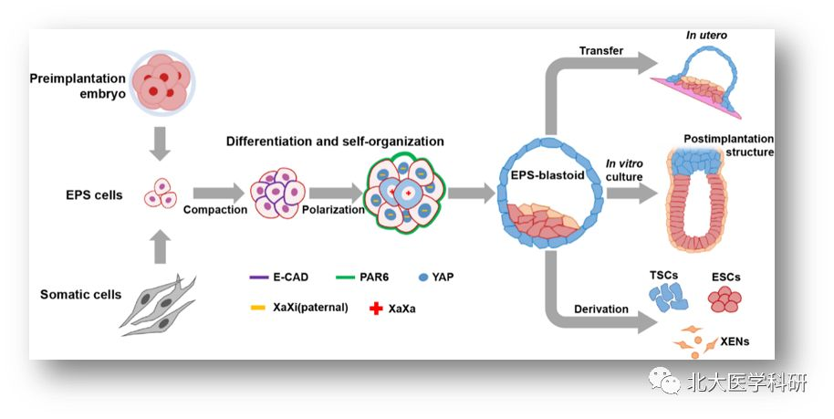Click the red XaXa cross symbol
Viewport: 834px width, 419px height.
tap(372, 309)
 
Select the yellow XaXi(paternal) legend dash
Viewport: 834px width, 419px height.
tap(257, 309)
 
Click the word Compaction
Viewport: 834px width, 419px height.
tap(214, 210)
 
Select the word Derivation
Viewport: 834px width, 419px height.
tap(600, 309)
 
